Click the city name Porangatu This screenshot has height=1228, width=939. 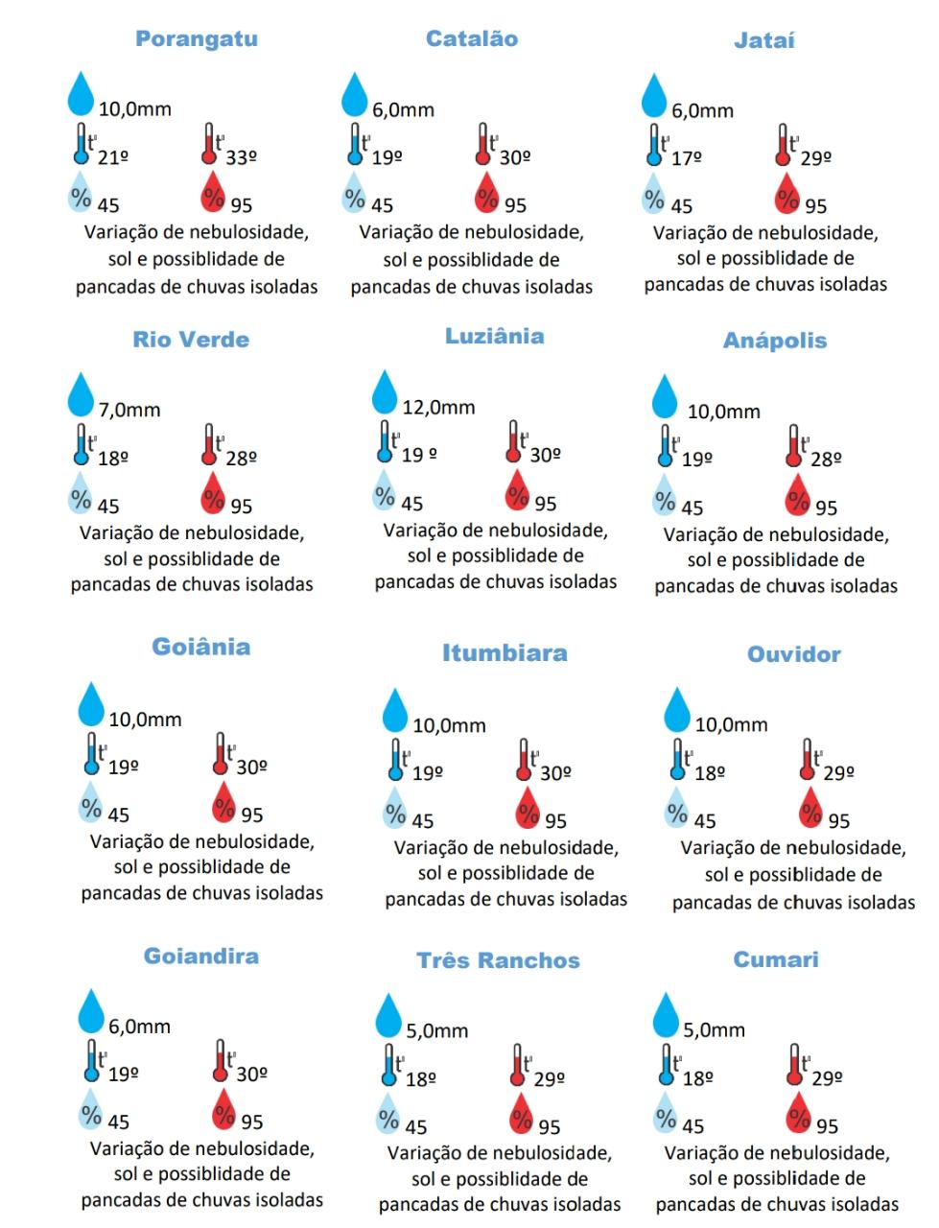click(197, 39)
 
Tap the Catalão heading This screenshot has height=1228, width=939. click(472, 39)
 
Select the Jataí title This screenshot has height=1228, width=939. click(764, 40)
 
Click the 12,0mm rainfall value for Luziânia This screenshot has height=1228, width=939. click(438, 407)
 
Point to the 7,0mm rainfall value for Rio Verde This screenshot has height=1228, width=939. click(129, 410)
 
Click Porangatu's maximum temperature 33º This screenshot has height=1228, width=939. click(241, 157)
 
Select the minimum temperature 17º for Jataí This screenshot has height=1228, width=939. click(686, 158)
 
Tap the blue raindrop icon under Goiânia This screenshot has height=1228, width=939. click(91, 703)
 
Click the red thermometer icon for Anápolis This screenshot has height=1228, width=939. click(793, 446)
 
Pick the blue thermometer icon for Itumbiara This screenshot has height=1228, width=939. click(395, 759)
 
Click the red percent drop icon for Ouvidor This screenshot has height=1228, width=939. click(811, 810)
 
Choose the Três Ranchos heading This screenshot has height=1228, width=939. click(499, 960)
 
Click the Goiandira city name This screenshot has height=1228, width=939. click(201, 956)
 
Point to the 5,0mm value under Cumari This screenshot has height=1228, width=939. click(714, 1029)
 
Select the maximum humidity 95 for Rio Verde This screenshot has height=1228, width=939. click(242, 506)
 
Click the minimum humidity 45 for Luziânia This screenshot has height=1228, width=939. click(411, 504)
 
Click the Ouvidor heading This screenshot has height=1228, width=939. click(794, 654)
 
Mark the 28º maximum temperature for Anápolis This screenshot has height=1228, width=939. click(826, 460)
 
